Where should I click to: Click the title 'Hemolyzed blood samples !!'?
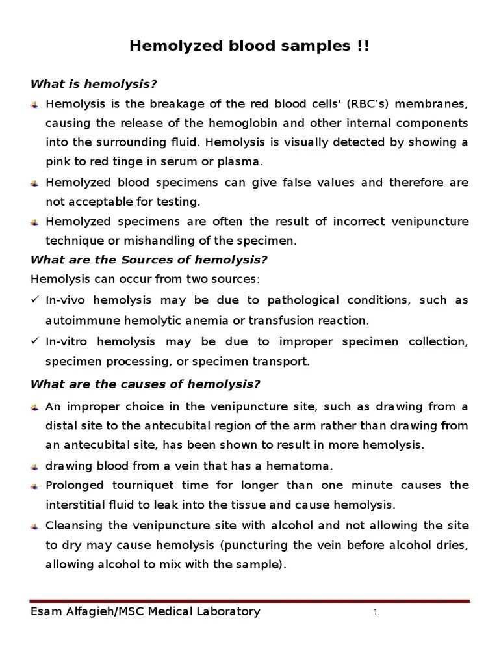tap(249, 46)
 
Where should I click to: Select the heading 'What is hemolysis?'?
tap(95, 85)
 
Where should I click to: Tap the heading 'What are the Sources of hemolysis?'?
tap(149, 260)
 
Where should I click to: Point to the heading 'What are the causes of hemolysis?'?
tap(146, 384)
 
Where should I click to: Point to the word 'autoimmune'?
tap(77, 320)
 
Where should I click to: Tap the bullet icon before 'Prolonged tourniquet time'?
tap(35, 486)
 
